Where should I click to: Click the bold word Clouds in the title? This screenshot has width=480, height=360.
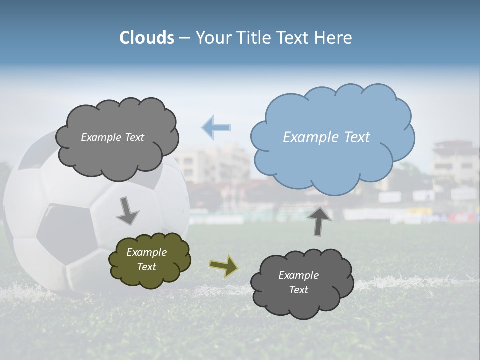pyautogui.click(x=147, y=38)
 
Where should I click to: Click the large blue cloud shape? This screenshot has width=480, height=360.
pyautogui.click(x=332, y=150)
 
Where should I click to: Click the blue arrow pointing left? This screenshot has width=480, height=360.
pyautogui.click(x=216, y=127)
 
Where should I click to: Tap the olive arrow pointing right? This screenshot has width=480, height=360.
pyautogui.click(x=224, y=266)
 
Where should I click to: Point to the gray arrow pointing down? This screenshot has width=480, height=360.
pyautogui.click(x=127, y=211)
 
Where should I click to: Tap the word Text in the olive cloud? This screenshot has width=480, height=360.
pyautogui.click(x=146, y=267)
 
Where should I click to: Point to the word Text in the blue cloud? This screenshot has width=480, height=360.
pyautogui.click(x=357, y=137)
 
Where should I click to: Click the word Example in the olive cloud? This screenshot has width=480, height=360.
pyautogui.click(x=146, y=252)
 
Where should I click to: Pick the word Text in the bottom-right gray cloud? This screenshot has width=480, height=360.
pyautogui.click(x=298, y=290)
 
